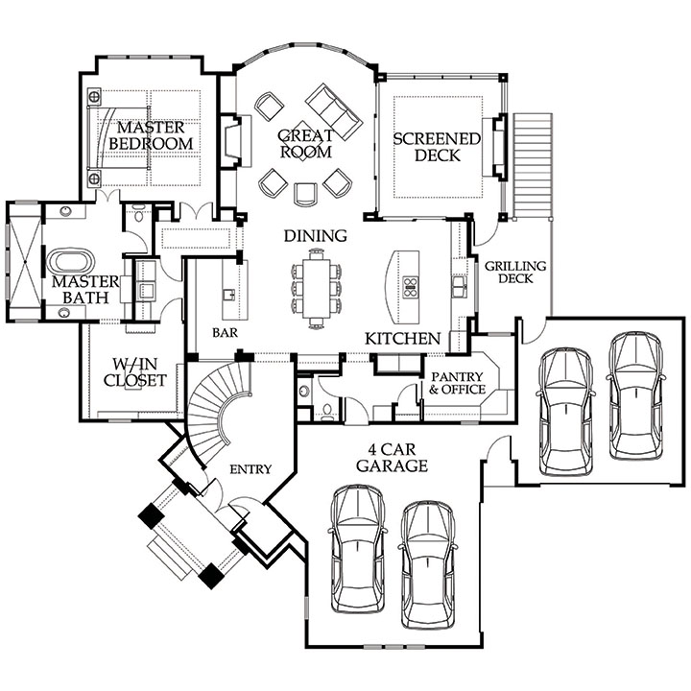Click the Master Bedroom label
tap(151, 135)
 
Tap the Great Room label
tap(306, 144)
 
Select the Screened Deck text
tap(437, 147)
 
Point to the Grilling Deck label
tap(515, 272)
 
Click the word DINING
tap(315, 236)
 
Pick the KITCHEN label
tap(403, 339)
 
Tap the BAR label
tap(225, 333)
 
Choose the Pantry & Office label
tap(458, 383)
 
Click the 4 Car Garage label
tap(392, 458)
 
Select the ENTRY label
tap(250, 469)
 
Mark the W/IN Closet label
tap(135, 372)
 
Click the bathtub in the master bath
tap(70, 262)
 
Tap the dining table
tap(317, 288)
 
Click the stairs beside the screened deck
tap(533, 165)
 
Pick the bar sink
tap(228, 294)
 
